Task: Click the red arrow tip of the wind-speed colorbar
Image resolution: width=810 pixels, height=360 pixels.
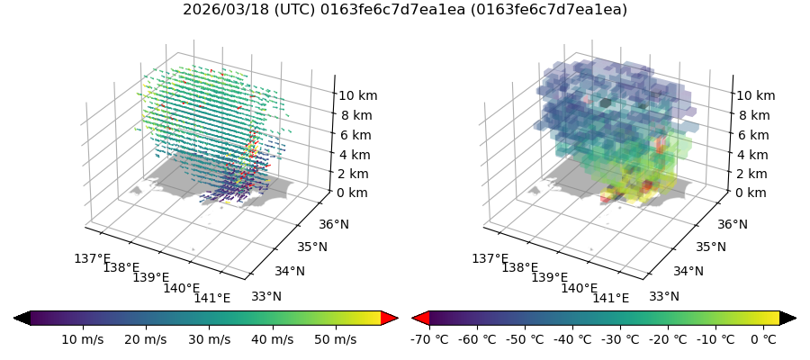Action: point(390,318)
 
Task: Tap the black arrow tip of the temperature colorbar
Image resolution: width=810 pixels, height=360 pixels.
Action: point(788,318)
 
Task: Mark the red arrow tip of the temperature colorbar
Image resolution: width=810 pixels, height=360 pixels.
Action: point(419,318)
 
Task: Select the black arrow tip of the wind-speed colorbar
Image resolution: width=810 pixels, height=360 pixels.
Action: point(22,318)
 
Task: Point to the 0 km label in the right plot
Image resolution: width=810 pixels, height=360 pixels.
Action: point(751,193)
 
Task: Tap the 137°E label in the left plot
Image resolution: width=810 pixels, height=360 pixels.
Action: point(92,259)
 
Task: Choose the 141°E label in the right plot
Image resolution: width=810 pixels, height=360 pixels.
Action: point(610,299)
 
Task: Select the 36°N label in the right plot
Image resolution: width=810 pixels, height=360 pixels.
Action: point(706,225)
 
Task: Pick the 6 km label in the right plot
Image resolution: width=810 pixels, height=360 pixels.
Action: point(751,135)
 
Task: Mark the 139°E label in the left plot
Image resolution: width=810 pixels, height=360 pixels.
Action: point(151,278)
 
